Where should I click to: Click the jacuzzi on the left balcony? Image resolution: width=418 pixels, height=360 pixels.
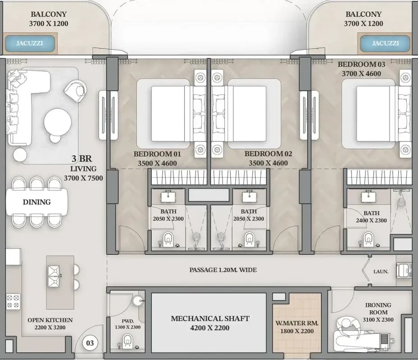click(x=30, y=43)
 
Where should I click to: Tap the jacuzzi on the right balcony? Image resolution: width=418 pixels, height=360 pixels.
click(x=385, y=43)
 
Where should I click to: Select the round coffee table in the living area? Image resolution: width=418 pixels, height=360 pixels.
click(x=58, y=122)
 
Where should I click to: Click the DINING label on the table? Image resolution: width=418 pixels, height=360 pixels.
click(x=37, y=202)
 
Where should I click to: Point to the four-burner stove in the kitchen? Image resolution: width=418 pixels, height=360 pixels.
click(x=13, y=301)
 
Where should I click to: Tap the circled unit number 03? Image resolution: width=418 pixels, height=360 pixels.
click(x=90, y=343)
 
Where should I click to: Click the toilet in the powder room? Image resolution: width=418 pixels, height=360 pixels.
click(x=128, y=342)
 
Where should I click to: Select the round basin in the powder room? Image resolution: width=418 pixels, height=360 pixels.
click(x=138, y=301)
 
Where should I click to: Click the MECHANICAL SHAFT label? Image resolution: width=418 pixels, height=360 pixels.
click(x=210, y=318)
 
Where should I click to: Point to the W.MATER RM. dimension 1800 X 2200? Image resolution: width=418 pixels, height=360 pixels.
click(x=297, y=331)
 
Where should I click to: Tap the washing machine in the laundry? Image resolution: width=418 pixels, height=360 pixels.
click(x=404, y=270)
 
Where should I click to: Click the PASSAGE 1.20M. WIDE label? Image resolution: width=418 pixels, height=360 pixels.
click(x=223, y=270)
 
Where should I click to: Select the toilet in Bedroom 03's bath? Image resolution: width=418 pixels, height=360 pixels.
click(x=369, y=239)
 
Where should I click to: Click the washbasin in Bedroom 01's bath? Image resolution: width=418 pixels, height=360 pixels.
click(x=168, y=197)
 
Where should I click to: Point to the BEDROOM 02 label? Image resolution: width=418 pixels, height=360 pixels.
click(x=268, y=154)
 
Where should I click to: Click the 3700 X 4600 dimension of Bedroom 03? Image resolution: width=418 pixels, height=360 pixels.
click(x=362, y=74)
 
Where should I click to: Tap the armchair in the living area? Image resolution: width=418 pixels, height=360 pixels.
click(x=75, y=91)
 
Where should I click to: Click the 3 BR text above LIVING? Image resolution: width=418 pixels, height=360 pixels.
click(x=82, y=159)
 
